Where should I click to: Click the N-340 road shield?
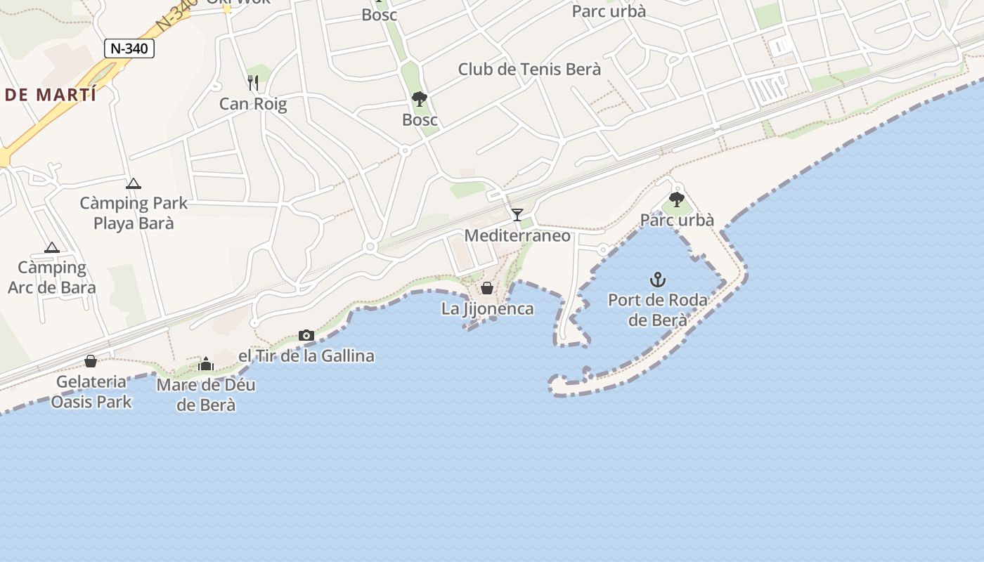coord(129,48)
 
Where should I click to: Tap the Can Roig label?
coord(253,105)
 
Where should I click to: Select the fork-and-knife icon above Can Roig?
coord(253,83)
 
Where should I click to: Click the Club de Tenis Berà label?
coord(529,70)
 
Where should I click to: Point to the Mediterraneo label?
coord(517,236)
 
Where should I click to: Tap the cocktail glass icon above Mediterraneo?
coord(517,214)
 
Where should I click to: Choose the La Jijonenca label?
coord(487,308)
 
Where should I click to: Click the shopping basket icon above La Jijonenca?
coord(487,288)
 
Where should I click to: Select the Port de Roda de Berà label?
coord(657,310)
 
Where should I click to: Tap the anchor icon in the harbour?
coord(657,280)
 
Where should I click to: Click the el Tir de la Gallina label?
coord(306,356)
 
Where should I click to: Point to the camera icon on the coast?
coord(306,335)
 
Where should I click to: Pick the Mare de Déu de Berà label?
coord(206,395)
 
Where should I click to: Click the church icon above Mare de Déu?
coord(206,364)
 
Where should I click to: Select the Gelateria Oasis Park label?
coord(91,392)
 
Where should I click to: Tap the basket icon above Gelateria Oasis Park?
coord(91,361)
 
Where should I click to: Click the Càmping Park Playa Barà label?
coord(134,214)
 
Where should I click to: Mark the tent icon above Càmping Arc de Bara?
coord(51,247)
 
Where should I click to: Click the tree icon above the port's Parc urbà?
coord(677,200)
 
